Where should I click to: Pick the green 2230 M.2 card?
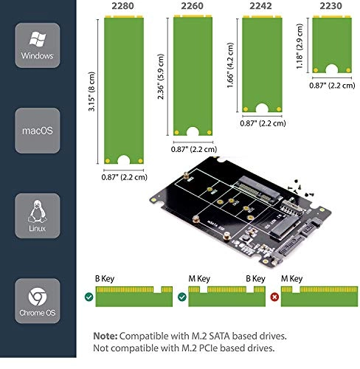[329, 44]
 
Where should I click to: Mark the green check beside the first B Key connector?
[89, 297]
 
